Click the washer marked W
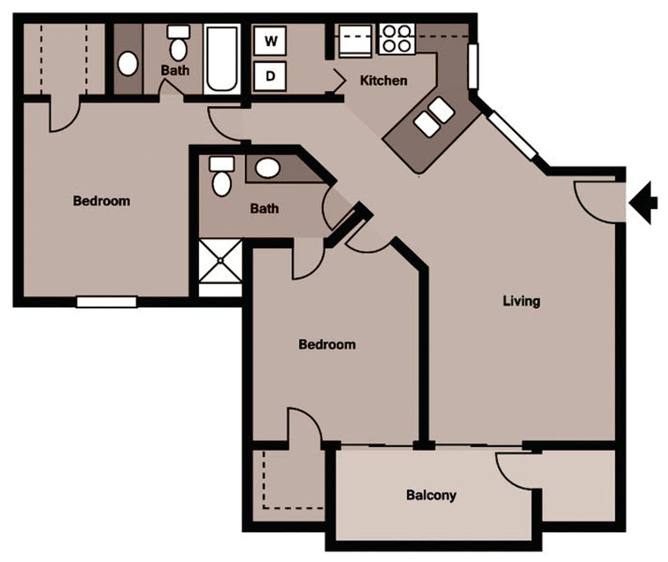[x=270, y=41]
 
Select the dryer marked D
[x=270, y=76]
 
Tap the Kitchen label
[x=384, y=81]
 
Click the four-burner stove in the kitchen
[x=397, y=39]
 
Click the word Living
[x=521, y=301]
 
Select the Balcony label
[x=431, y=495]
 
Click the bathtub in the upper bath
[x=222, y=59]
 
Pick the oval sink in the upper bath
[x=128, y=64]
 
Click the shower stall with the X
[x=221, y=260]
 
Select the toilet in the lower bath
[x=222, y=177]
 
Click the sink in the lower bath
[x=268, y=168]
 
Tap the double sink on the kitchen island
[x=434, y=117]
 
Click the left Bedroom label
[x=102, y=201]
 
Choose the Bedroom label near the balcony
[x=327, y=344]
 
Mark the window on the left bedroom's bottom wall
[x=107, y=302]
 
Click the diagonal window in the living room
[x=512, y=136]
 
